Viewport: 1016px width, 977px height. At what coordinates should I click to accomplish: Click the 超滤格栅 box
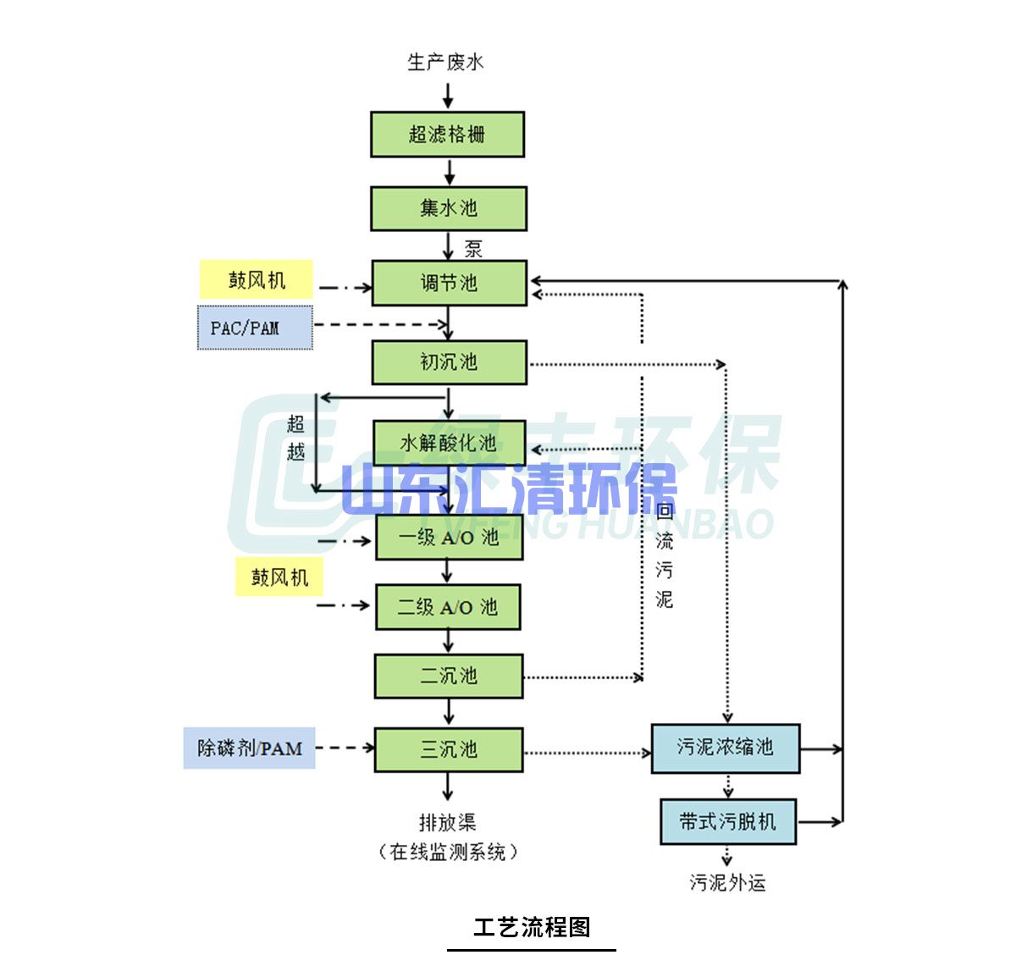tap(447, 134)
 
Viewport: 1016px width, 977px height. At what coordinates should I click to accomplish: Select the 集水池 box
tap(448, 208)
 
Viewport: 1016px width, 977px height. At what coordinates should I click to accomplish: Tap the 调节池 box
tap(449, 283)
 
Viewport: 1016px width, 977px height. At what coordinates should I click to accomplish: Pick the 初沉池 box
tap(449, 362)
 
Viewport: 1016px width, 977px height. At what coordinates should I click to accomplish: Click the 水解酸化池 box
tap(449, 442)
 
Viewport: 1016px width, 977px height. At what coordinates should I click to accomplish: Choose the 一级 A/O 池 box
tap(449, 537)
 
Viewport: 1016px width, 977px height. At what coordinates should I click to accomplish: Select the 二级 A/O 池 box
tap(448, 607)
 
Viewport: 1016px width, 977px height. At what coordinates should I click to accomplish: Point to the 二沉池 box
tap(449, 676)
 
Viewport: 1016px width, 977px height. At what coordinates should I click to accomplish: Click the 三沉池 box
tap(449, 749)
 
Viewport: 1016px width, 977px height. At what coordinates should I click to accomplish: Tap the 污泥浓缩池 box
tap(725, 748)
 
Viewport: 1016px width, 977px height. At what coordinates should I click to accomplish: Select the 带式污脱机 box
tap(727, 821)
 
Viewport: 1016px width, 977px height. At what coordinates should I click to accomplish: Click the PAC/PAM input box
tap(255, 328)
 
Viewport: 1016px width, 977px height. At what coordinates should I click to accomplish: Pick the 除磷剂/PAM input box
tap(249, 748)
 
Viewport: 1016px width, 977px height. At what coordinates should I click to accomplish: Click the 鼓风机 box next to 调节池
tap(257, 280)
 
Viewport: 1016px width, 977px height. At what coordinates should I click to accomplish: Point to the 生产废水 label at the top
tap(445, 62)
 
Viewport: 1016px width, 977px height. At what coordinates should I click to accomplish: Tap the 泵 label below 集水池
tap(473, 248)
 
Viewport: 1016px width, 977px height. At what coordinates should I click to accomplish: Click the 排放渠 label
tap(447, 822)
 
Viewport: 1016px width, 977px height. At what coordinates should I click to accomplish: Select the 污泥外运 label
tap(727, 883)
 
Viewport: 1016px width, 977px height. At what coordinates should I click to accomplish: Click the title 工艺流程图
tap(532, 927)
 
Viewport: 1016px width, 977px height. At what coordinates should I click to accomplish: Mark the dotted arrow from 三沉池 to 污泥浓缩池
tap(587, 752)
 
